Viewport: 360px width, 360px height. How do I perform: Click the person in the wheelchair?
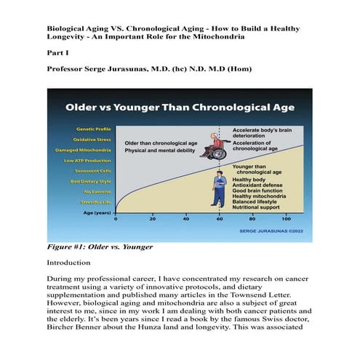tap(215, 145)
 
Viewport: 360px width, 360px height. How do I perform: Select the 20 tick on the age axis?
tap(153, 218)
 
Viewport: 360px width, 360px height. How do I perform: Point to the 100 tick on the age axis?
tap(287, 218)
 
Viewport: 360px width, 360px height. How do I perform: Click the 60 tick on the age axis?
tap(220, 218)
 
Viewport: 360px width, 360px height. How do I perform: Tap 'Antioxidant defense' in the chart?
tap(257, 185)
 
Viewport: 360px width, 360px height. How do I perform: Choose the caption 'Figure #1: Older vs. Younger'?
tap(100, 247)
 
